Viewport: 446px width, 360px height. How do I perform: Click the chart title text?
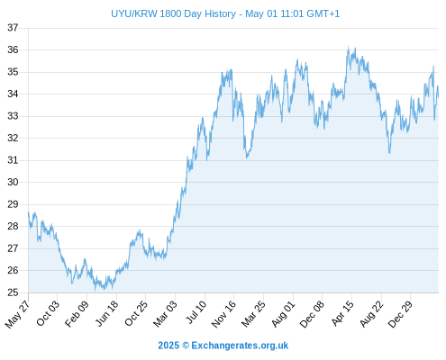click(225, 13)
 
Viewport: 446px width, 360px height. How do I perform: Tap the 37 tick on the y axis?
click(13, 28)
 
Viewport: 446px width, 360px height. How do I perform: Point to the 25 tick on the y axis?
click(13, 292)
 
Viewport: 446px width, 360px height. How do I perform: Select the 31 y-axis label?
click(13, 160)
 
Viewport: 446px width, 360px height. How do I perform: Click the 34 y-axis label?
click(13, 94)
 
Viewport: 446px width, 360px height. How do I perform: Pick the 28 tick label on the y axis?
click(13, 226)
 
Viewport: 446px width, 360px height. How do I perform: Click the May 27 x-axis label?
click(17, 314)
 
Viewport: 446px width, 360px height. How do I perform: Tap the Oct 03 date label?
click(48, 313)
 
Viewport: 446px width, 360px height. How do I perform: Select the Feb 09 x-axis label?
click(77, 313)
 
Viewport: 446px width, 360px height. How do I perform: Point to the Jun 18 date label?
click(107, 313)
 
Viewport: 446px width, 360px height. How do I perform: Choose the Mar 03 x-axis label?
click(166, 313)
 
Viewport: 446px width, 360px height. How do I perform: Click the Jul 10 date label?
click(196, 312)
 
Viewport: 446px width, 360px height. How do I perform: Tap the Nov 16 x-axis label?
click(223, 314)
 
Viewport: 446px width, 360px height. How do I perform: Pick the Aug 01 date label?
click(283, 313)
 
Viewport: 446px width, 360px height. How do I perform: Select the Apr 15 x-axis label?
click(343, 313)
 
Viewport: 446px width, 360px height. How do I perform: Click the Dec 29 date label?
click(400, 313)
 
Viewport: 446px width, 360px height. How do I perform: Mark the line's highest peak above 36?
click(349, 47)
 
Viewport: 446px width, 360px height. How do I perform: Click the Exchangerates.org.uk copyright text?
click(223, 346)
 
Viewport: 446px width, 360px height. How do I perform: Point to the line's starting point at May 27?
click(29, 212)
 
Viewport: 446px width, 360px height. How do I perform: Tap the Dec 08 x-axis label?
click(313, 314)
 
